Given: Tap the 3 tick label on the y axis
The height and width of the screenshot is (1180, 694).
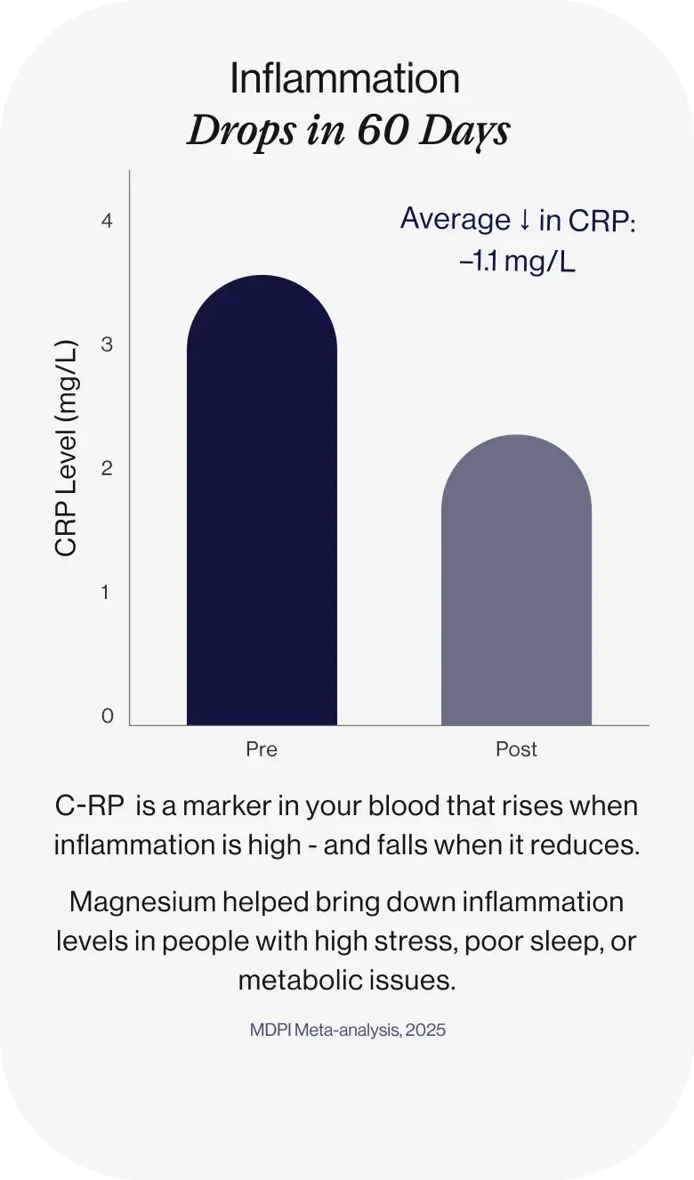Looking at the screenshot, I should tap(108, 344).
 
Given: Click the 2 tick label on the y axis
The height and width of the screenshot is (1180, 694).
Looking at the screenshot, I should tap(108, 468).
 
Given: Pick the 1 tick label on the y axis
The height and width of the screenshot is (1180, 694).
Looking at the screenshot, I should tap(108, 592).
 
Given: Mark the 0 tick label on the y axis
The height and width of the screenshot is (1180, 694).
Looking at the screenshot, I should tap(108, 716).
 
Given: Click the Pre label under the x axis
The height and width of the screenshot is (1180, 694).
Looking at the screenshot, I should tap(262, 749).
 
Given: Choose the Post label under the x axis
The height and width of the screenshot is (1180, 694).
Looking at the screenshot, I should tap(516, 749).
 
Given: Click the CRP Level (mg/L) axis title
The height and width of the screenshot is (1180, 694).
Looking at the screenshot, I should tap(67, 449).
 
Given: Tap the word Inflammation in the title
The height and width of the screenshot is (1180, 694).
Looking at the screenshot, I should tap(344, 79).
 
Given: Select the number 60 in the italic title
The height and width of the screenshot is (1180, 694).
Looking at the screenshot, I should tap(381, 132).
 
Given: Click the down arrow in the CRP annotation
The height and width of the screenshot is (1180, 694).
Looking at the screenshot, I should tap(524, 220).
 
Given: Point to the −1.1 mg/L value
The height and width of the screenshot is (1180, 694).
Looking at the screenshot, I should tap(518, 263).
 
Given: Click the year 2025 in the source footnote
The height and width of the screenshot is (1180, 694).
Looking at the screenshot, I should tap(425, 1030).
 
